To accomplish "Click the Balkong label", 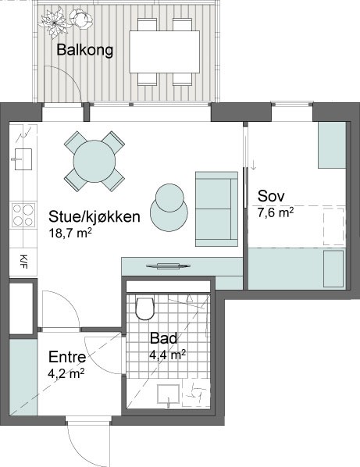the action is [85, 50].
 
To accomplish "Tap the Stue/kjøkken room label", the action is [94, 216].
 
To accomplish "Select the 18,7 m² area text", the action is [70, 233].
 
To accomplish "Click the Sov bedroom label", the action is [271, 196].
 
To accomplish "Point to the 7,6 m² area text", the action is [276, 212].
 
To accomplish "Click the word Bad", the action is [163, 338].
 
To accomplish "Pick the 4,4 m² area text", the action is [168, 355].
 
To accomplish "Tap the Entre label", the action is [67, 357].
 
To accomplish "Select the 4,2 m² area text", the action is [66, 373].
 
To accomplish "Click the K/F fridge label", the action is [23, 262].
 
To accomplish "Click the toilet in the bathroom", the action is [145, 308].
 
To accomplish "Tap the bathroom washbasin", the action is [169, 394].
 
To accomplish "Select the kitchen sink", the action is [23, 159].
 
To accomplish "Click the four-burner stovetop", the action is [23, 215].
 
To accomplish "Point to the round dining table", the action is [94, 161].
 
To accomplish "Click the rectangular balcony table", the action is [165, 52].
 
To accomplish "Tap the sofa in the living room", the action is [216, 209].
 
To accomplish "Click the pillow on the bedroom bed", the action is [333, 269].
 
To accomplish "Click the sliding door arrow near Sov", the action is [254, 166].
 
